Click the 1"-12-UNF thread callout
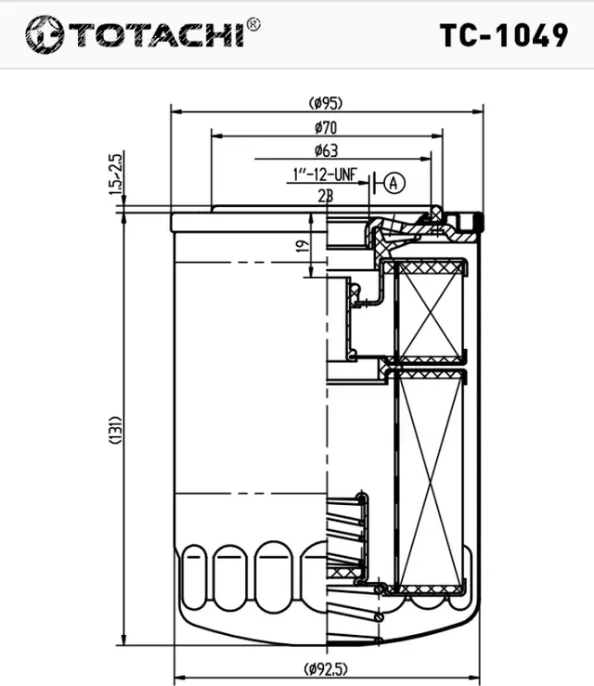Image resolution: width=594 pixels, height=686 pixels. (x=324, y=175)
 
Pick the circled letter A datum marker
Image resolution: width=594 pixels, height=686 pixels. (x=394, y=183)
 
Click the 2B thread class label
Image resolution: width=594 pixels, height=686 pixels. (x=325, y=196)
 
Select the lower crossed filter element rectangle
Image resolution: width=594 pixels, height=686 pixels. (x=430, y=477)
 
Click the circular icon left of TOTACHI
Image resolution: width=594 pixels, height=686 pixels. (x=44, y=36)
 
